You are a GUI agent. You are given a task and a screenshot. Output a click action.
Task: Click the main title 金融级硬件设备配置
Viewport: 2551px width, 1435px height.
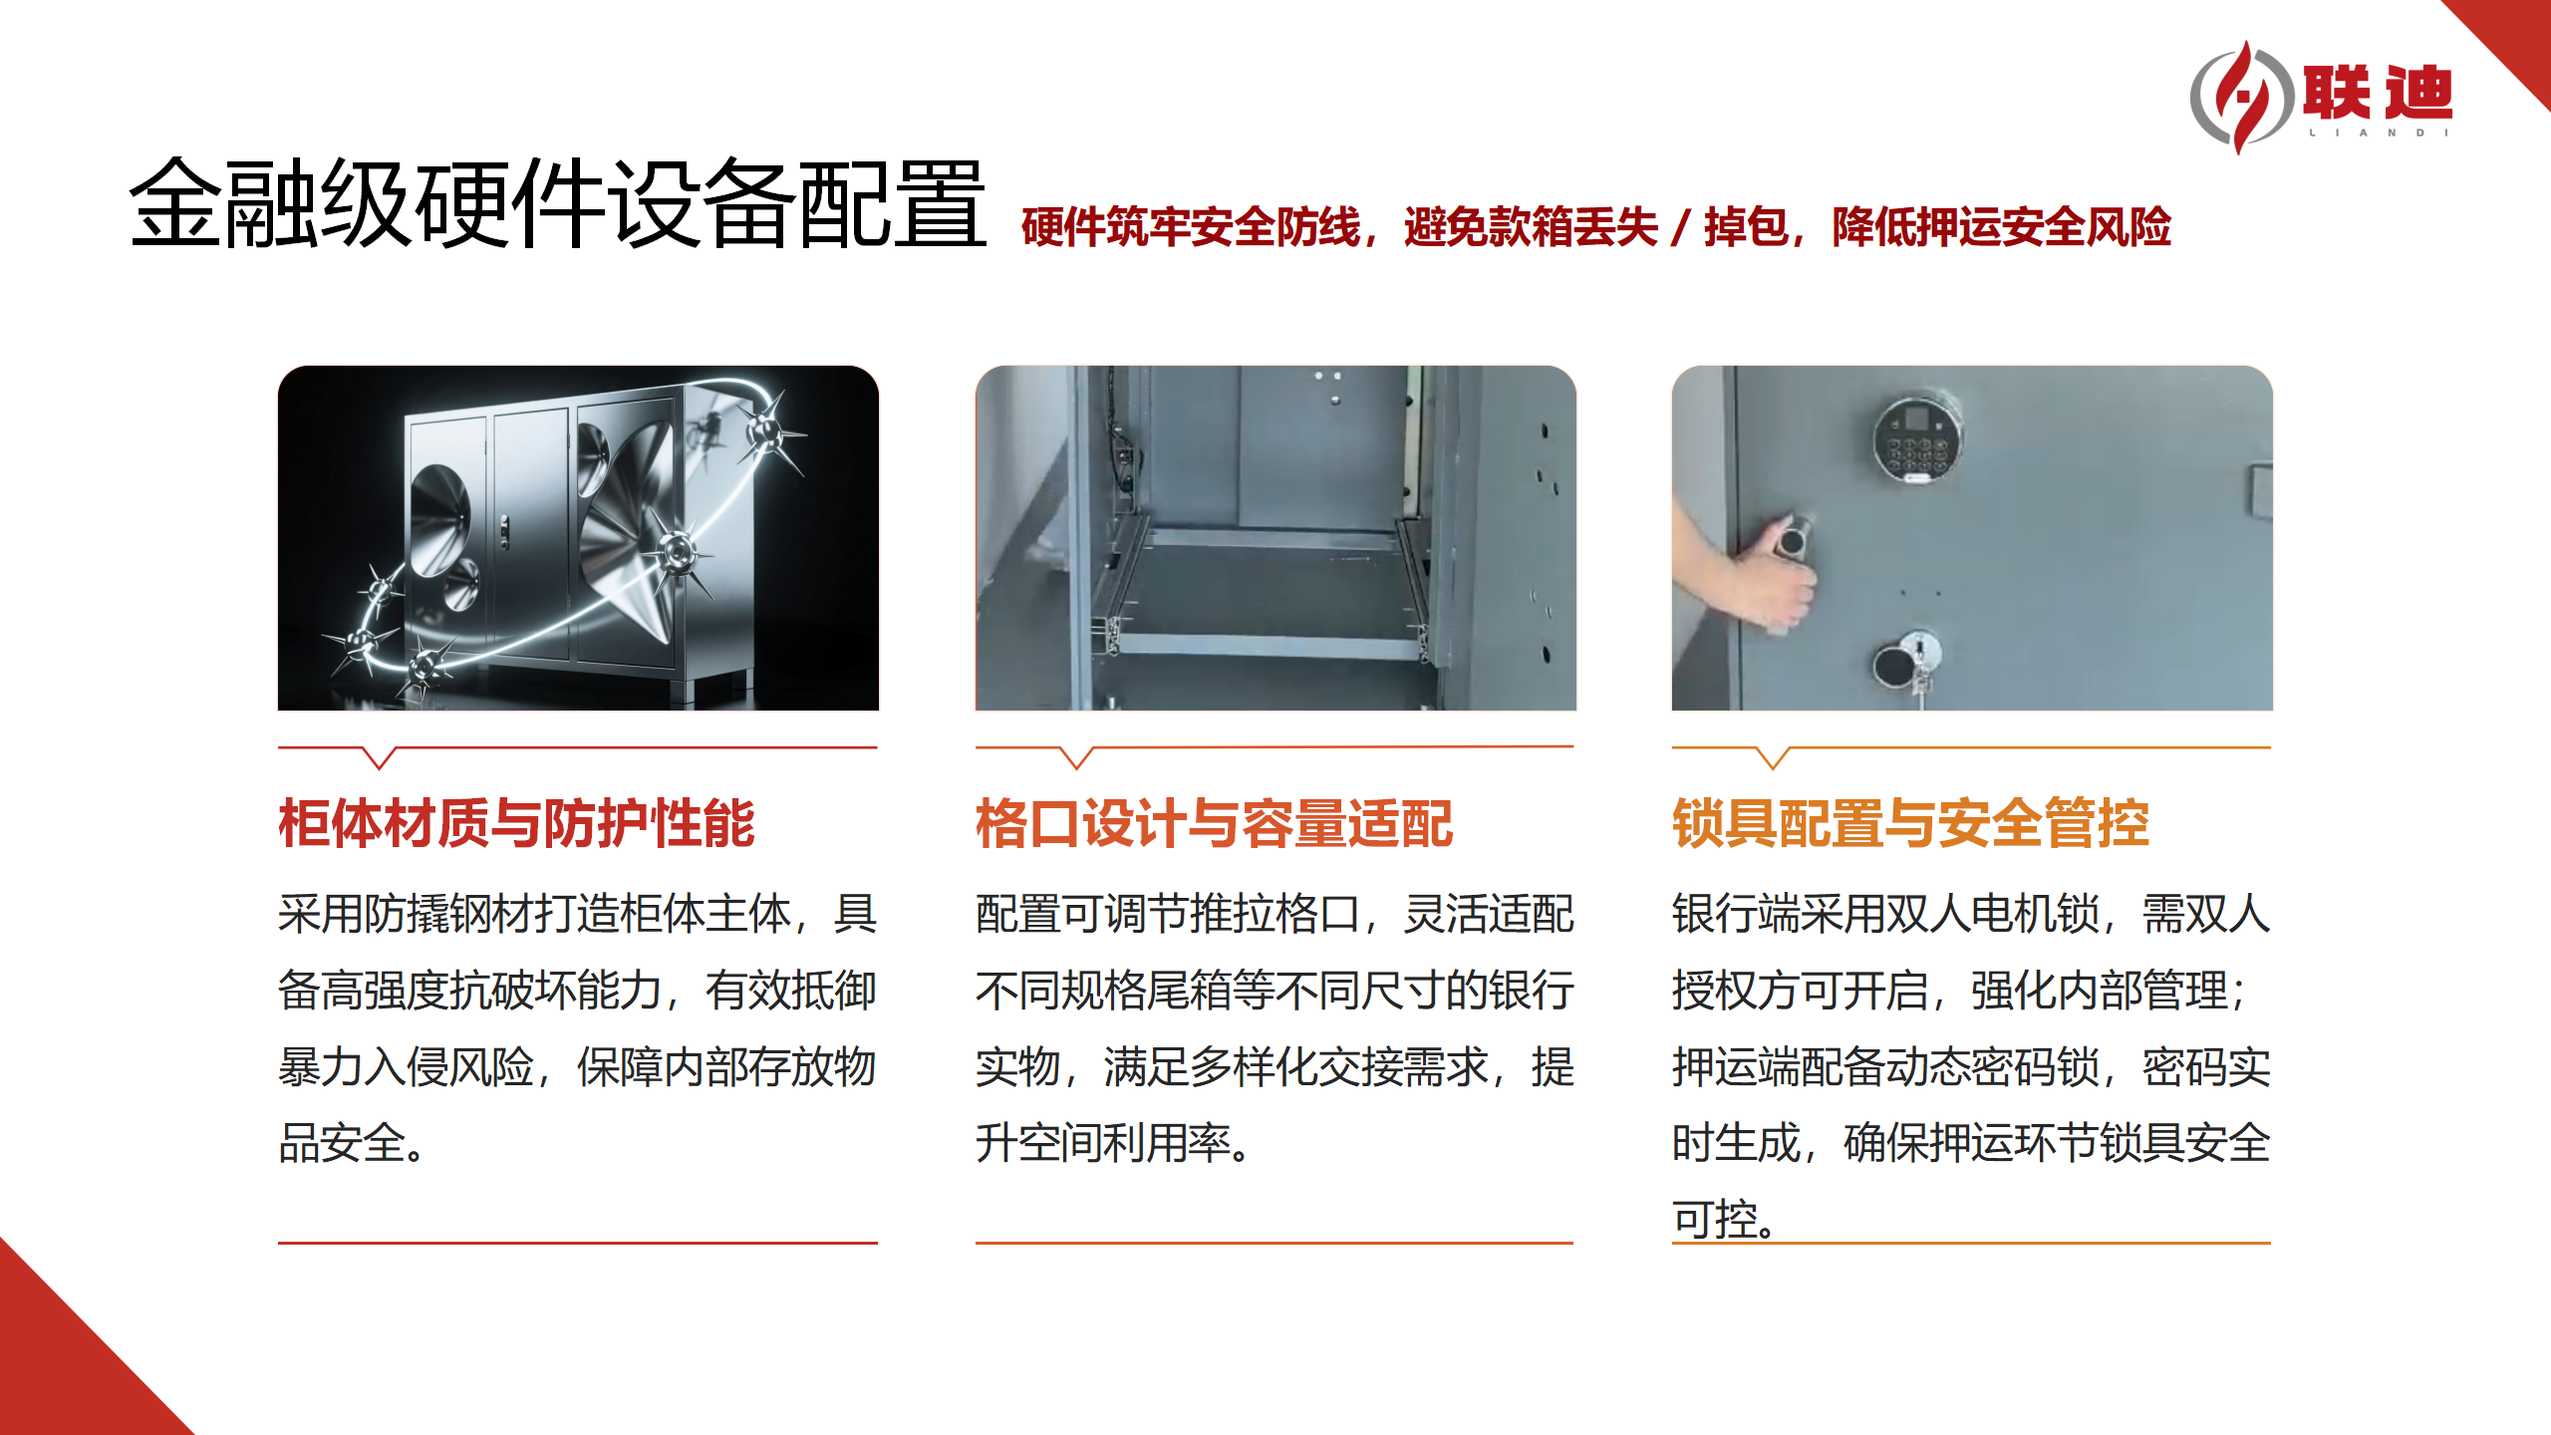pyautogui.click(x=558, y=204)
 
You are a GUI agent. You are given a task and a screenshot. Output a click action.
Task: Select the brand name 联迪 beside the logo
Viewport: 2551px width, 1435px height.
pyautogui.click(x=2378, y=93)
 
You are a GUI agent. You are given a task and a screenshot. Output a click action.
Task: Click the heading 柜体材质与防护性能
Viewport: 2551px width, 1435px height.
pyautogui.click(x=516, y=823)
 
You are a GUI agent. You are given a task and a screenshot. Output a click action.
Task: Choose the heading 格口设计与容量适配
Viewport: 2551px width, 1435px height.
pyautogui.click(x=1214, y=823)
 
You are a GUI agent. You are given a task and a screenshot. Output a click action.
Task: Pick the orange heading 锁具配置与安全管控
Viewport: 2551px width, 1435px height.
pyautogui.click(x=1910, y=823)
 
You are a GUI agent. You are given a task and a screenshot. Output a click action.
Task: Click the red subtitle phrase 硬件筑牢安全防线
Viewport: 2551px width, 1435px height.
pyautogui.click(x=1191, y=227)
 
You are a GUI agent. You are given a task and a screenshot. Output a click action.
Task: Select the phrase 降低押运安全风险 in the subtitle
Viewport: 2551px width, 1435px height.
pyautogui.click(x=2001, y=227)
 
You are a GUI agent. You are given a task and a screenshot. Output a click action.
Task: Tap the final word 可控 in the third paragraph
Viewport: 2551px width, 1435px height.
pyautogui.click(x=1714, y=1219)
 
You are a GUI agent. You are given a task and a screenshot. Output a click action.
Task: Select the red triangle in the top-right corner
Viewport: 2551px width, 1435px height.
pyautogui.click(x=2511, y=40)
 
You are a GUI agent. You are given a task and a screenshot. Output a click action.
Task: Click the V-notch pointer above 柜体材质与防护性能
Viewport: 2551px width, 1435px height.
pyautogui.click(x=380, y=758)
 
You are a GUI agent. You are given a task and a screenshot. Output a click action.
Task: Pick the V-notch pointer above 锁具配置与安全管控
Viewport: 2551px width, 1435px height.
pyautogui.click(x=1773, y=758)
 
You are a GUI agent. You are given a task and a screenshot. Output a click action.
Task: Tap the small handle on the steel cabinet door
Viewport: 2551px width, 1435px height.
pyautogui.click(x=504, y=533)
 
